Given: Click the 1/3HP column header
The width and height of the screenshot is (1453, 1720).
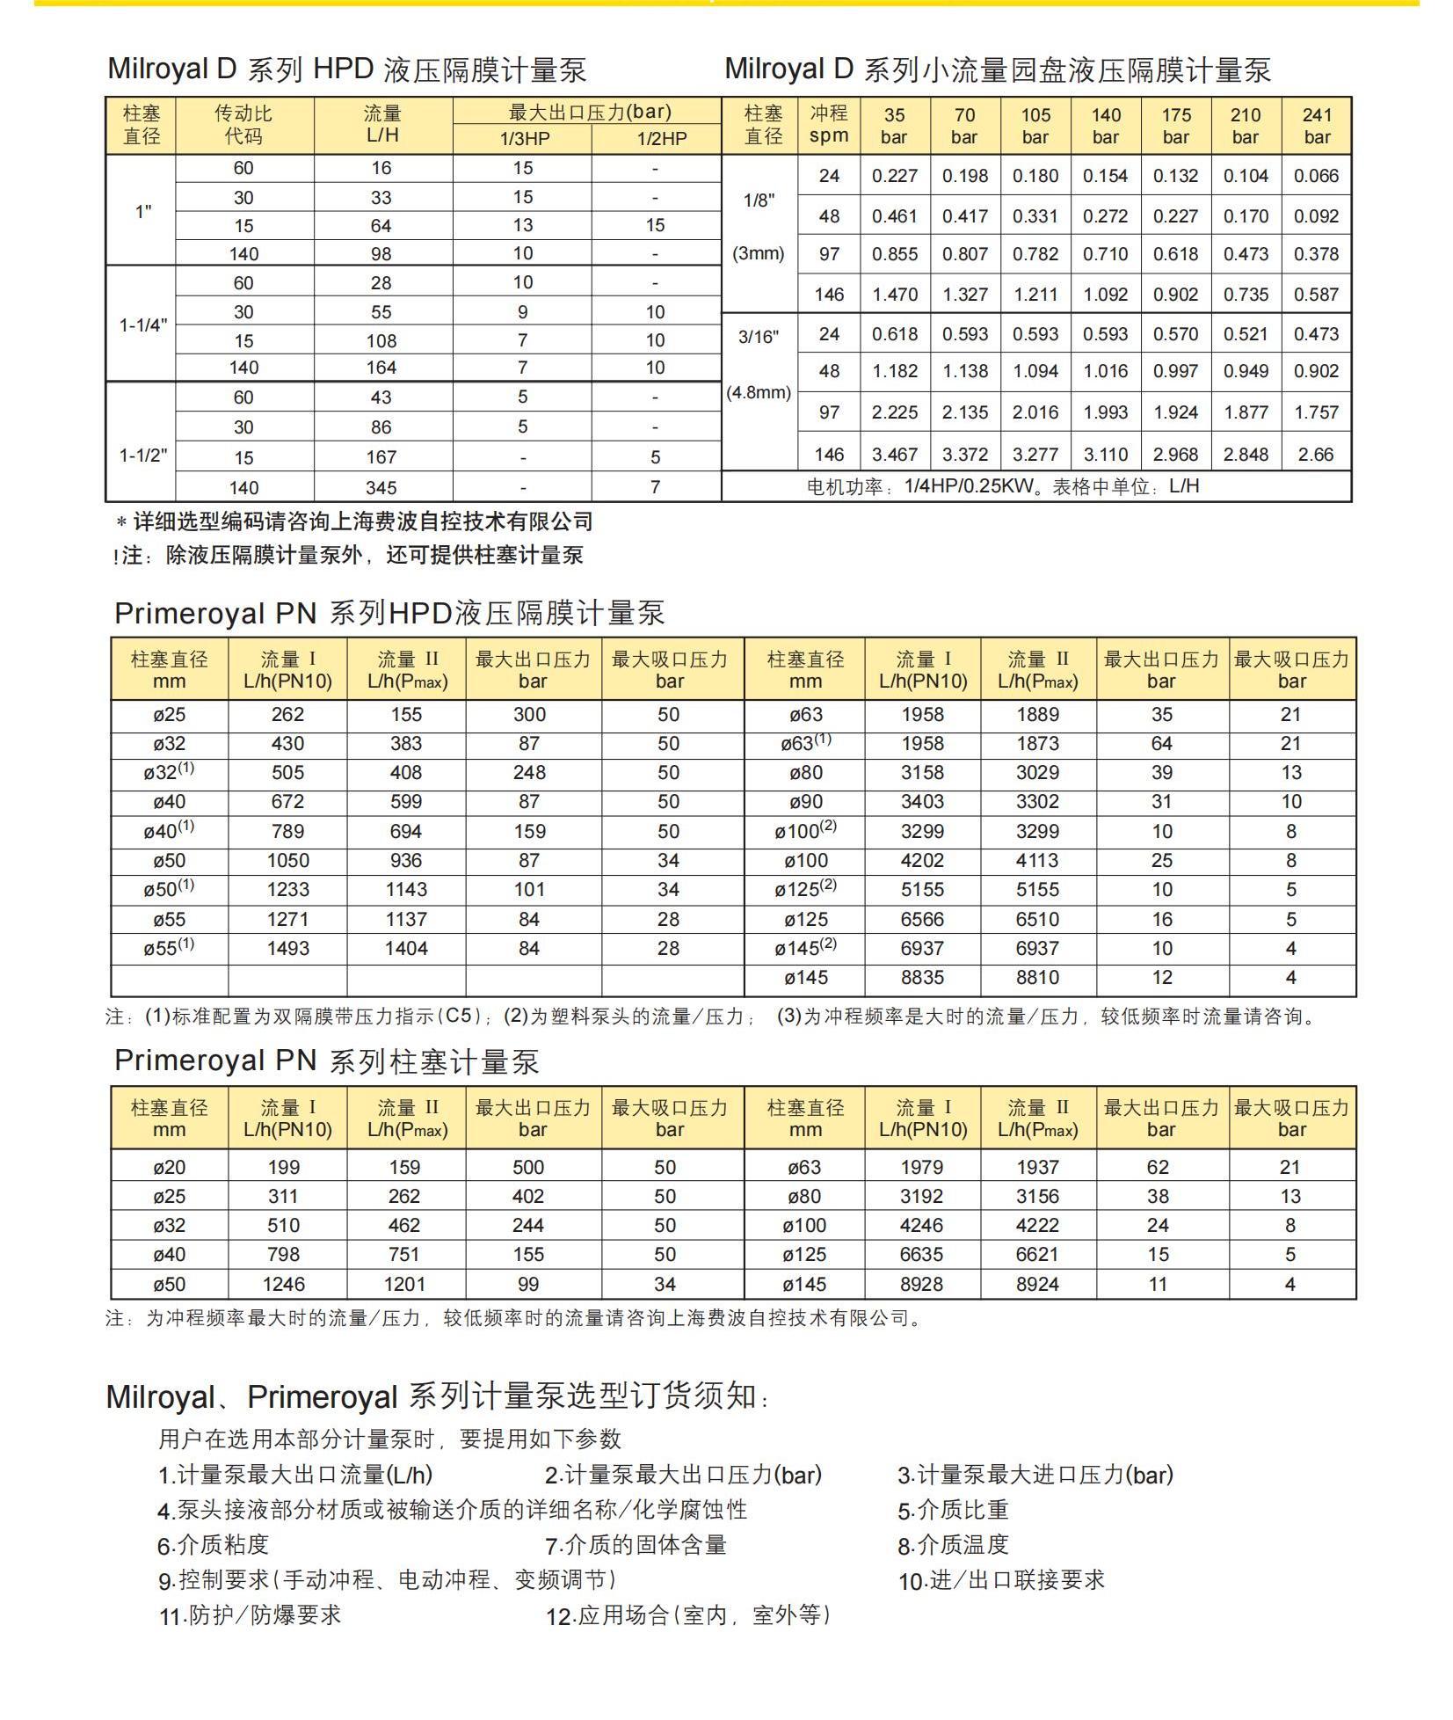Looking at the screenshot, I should pos(523,139).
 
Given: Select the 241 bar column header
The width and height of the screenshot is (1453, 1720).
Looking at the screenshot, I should pos(1316,126).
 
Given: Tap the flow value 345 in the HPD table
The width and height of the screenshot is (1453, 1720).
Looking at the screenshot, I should pos(381,487).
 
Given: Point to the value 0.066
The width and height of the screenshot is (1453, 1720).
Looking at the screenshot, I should pos(1316,176).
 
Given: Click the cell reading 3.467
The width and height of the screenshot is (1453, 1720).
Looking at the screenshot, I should pos(895,455).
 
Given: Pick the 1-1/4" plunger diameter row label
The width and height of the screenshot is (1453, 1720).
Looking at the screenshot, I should pos(142,325).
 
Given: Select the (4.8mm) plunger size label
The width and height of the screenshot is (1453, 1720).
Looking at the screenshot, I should pos(759,392).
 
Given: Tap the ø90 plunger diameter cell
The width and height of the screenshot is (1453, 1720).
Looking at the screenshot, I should pos(804,802).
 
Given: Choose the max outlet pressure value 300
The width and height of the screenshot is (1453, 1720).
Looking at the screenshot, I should pos(529,715).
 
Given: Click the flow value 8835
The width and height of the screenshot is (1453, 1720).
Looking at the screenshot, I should pos(922,978).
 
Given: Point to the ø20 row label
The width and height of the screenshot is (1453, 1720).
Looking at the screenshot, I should pos(169,1168).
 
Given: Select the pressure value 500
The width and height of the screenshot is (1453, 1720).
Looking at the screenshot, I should pos(528,1168).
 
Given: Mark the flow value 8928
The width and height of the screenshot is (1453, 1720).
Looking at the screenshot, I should pos(921,1285).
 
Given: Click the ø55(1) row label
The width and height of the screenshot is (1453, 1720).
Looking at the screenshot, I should pos(169,948).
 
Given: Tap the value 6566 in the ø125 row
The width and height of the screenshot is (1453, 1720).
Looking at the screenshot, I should pos(922,920).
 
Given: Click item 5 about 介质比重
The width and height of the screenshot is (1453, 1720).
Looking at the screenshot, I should pos(953,1511).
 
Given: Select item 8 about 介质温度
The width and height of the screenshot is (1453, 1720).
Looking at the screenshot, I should pos(953,1545).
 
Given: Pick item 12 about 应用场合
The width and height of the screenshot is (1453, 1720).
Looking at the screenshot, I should pos(687,1615).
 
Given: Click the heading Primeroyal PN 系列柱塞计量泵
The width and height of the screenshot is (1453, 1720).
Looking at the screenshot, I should pos(326,1060).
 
